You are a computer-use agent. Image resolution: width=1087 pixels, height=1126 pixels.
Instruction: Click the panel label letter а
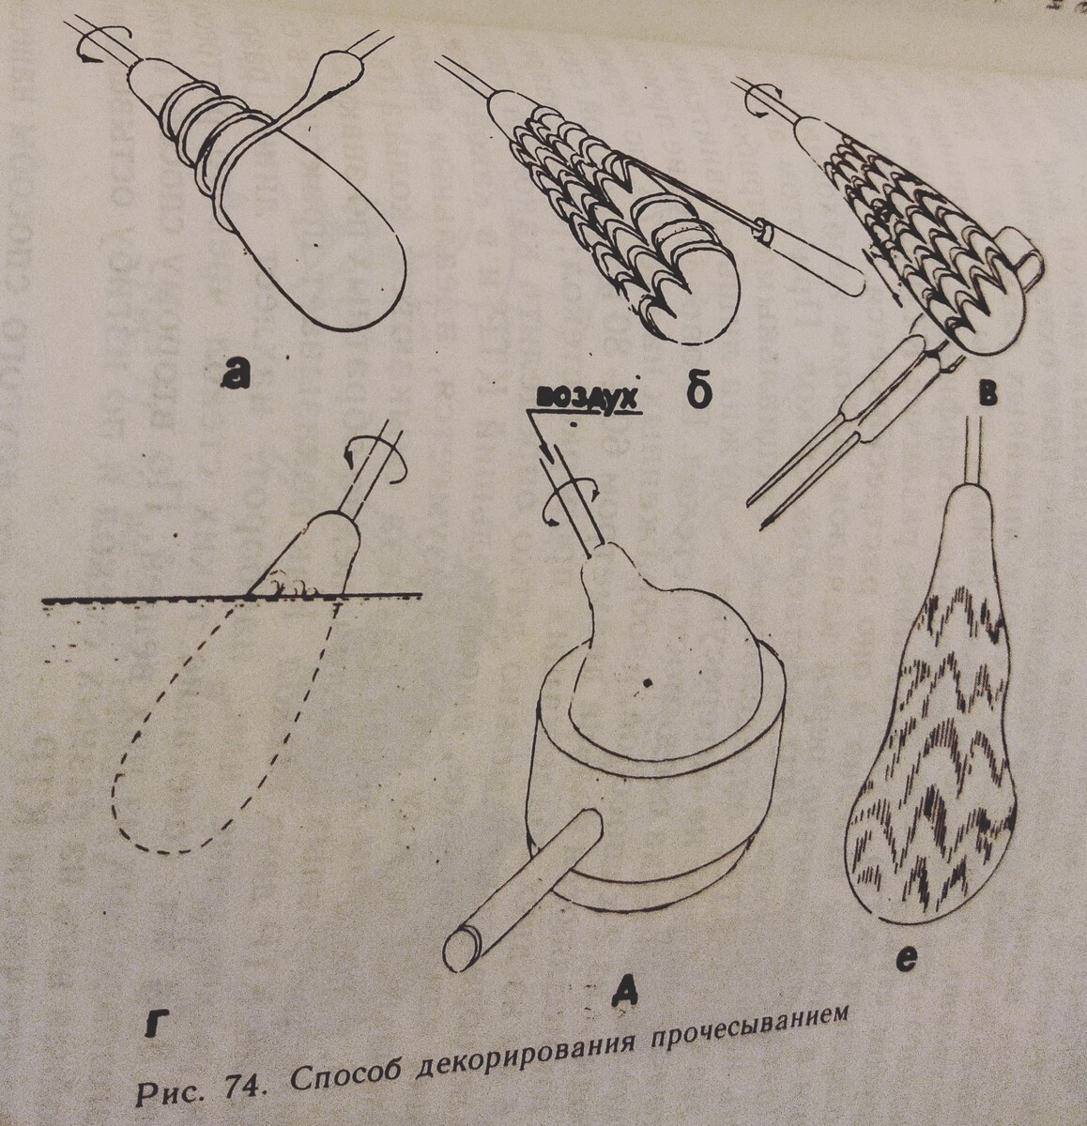tap(236, 373)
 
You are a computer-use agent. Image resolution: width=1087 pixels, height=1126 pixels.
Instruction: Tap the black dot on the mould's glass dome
tap(649, 683)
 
